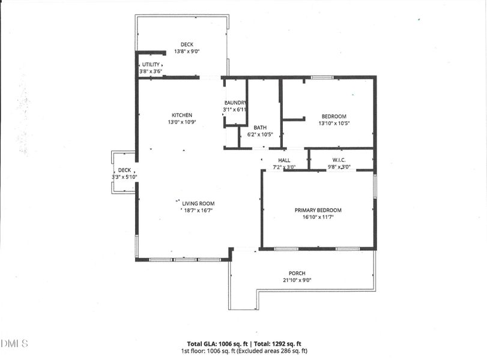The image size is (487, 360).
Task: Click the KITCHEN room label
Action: (181, 115)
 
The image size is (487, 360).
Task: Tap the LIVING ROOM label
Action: (198, 203)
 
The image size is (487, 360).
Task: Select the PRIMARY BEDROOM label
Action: (318, 210)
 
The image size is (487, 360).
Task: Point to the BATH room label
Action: (260, 128)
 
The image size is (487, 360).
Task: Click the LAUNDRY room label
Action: (235, 103)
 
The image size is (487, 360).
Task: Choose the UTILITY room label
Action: (151, 64)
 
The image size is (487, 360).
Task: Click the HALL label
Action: (284, 160)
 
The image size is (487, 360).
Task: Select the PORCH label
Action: (297, 273)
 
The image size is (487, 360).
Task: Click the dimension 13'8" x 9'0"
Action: (186, 52)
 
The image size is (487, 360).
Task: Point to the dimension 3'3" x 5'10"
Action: (124, 177)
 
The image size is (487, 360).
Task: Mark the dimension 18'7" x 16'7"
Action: (198, 211)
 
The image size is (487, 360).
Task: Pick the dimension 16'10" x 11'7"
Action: (318, 217)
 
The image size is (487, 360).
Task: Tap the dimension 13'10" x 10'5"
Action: (334, 124)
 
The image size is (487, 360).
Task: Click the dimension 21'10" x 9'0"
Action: (297, 280)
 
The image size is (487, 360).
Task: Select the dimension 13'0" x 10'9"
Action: (181, 122)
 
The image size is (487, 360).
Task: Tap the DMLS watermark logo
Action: (15, 343)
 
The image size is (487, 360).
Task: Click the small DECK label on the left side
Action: (124, 170)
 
